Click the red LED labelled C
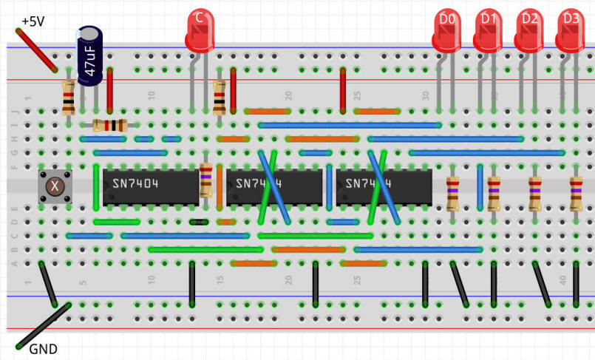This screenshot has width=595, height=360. pos(198,31)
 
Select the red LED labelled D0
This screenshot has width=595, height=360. pos(446,33)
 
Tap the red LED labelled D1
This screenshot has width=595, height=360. pos(487,33)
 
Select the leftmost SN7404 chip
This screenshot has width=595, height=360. pos(147,185)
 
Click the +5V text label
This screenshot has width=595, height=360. pos(33,21)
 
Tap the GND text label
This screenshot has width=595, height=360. pos(42,349)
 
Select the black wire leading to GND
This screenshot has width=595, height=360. pos(43,325)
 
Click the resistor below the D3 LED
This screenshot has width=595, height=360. pos(576,194)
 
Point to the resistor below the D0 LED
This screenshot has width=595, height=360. pos(452,194)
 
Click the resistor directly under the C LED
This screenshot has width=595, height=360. pos(219,98)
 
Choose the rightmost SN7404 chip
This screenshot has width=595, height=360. pos(384,186)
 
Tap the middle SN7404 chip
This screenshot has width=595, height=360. pos(274,186)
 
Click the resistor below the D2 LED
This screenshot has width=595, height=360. pos(534,194)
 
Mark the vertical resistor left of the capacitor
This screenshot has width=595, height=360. pos(68,98)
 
